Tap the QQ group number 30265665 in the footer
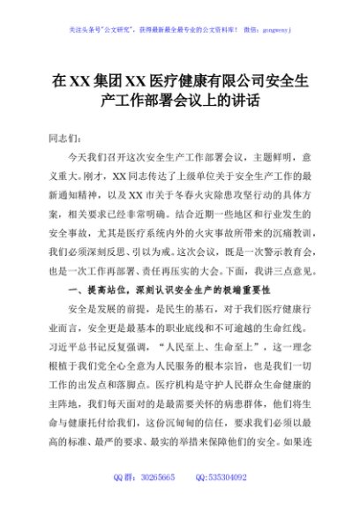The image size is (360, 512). [x=156, y=477]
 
